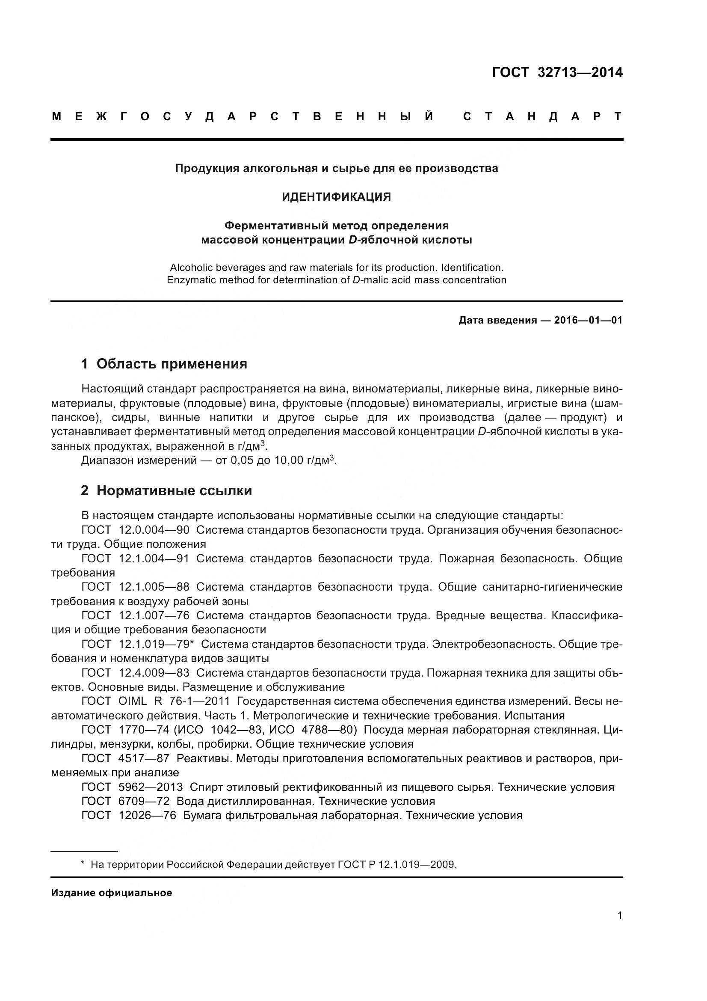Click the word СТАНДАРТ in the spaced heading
coord(542,116)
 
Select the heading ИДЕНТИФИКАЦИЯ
coord(336,197)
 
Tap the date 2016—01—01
coord(588,321)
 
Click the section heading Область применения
coord(172,364)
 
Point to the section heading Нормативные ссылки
coord(174,490)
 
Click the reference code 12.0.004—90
coord(154,530)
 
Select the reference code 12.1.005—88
coord(154,587)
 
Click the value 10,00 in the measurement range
coord(288,460)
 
